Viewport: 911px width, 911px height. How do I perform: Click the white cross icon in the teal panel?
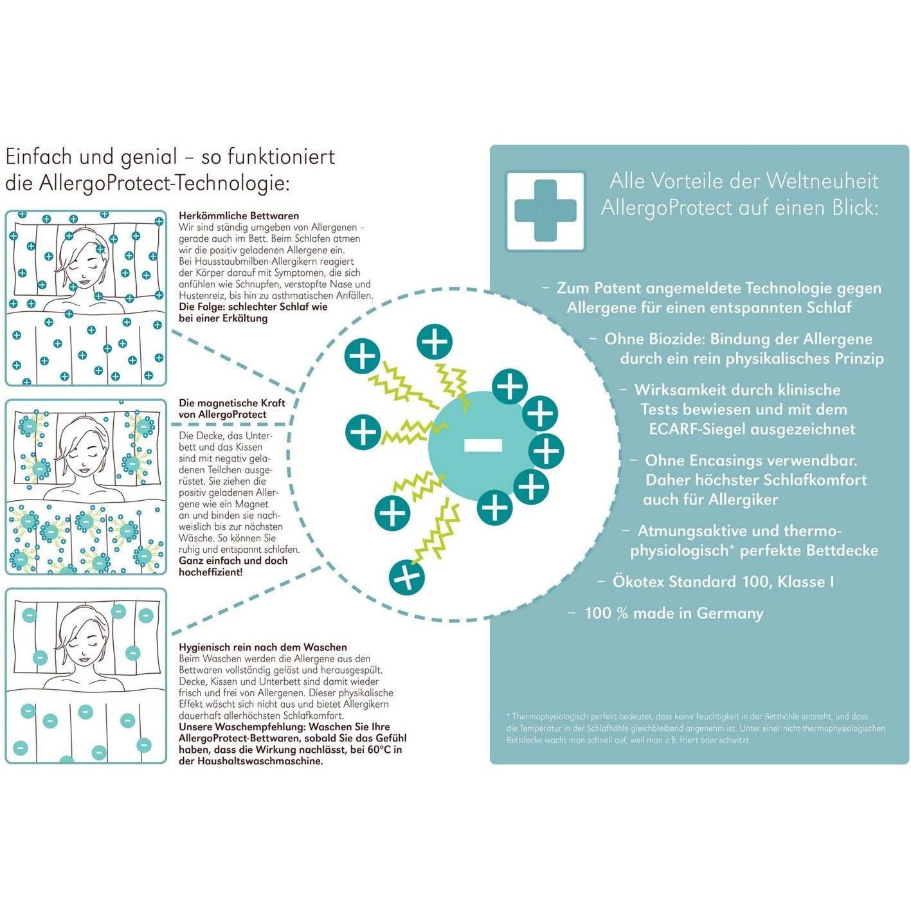(545, 210)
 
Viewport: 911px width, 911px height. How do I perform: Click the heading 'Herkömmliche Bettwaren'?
(239, 215)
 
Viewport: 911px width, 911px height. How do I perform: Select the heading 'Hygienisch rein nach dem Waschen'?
(263, 647)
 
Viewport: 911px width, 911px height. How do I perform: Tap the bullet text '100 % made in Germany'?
(674, 613)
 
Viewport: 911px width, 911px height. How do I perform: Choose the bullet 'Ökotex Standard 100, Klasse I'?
(723, 581)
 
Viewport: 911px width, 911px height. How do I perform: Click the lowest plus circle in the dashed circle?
(406, 577)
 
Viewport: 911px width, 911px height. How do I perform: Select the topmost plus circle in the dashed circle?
(435, 342)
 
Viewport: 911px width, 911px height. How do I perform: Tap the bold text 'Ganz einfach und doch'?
(233, 561)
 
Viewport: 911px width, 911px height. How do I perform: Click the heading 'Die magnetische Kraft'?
(232, 403)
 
